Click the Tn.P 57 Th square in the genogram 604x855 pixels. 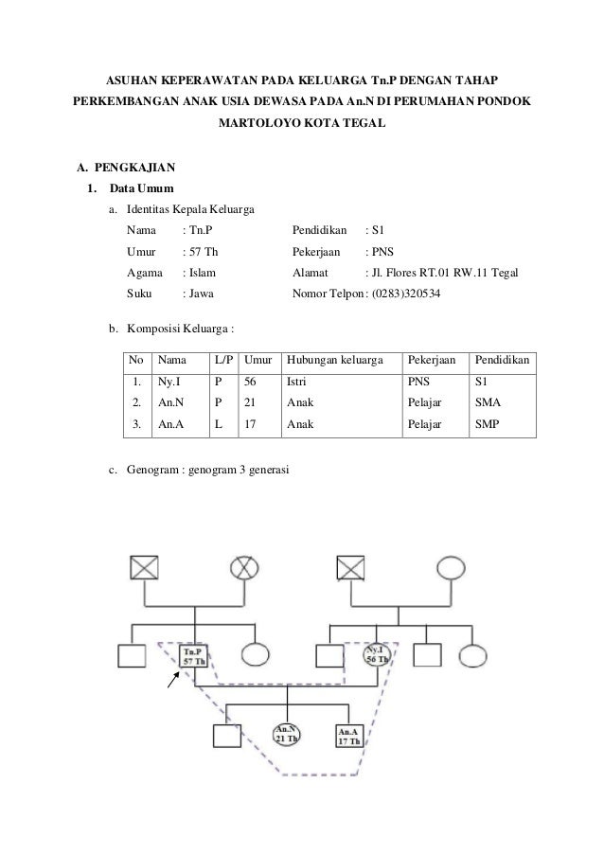point(194,655)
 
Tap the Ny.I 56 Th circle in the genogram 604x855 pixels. point(377,655)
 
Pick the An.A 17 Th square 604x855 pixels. point(347,735)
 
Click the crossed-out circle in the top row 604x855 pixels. point(245,567)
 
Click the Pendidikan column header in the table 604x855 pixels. point(503,360)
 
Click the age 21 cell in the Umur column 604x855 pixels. point(251,403)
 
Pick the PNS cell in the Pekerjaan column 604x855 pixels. point(417,383)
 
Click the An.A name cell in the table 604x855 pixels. point(171,425)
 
